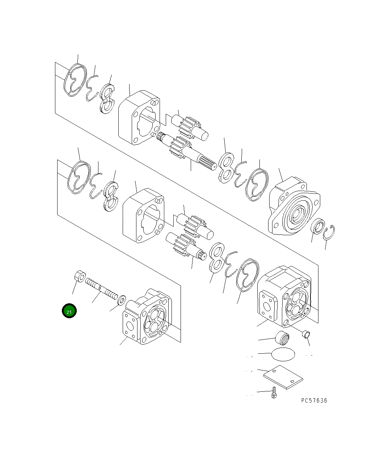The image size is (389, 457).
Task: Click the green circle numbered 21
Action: [69, 311]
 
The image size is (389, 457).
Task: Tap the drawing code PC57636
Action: [314, 400]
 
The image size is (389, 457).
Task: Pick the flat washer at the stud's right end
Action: [122, 299]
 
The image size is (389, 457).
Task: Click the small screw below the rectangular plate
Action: [274, 392]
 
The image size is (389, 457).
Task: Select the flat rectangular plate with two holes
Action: [283, 377]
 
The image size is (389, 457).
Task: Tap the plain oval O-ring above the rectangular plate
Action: [283, 354]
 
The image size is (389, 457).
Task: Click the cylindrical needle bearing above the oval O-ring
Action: [283, 338]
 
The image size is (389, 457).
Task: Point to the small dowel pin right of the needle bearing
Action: [306, 334]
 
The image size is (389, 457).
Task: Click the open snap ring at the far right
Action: [329, 232]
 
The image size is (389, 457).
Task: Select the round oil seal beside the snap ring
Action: [317, 227]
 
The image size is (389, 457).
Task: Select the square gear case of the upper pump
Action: [139, 117]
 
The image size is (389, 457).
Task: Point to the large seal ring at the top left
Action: [76, 80]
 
